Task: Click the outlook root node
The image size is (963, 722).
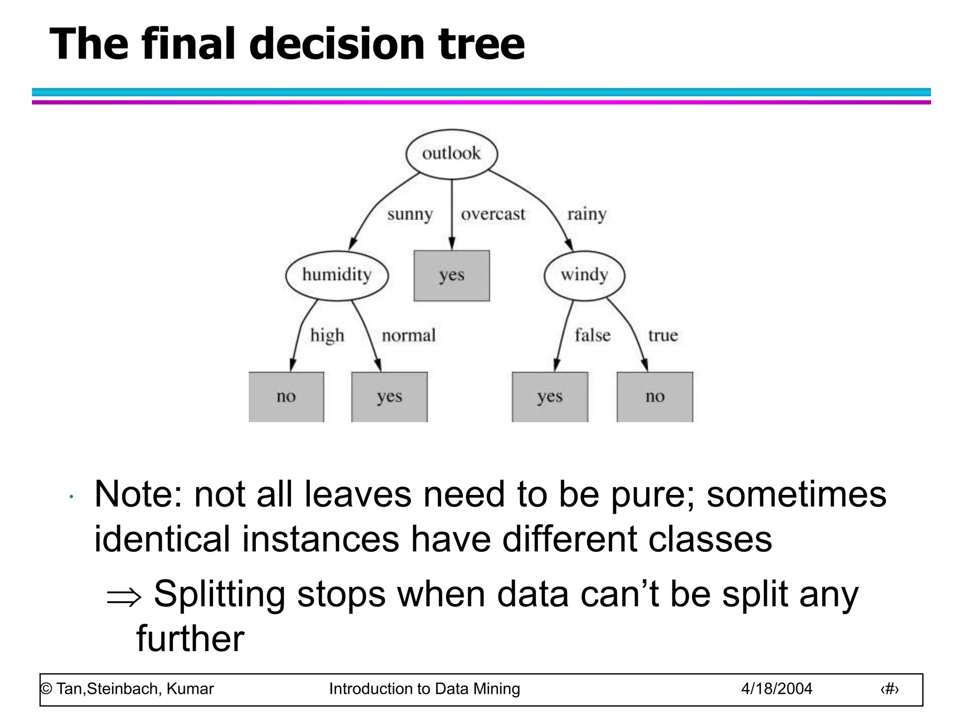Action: (451, 154)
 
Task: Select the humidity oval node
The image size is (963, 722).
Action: (337, 275)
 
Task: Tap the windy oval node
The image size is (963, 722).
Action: (584, 275)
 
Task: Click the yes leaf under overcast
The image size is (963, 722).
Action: (451, 275)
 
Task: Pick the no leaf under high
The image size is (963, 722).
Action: (286, 397)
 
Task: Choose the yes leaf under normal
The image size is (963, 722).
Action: (389, 397)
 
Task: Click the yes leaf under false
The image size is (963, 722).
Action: (550, 397)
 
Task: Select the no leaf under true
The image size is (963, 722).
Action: (655, 397)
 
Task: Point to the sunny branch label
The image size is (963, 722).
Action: (410, 214)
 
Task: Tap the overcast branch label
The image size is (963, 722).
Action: (493, 214)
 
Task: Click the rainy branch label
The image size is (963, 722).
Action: (586, 214)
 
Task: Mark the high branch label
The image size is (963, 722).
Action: (327, 336)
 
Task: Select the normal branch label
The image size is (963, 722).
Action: (409, 336)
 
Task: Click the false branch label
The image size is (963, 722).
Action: (592, 336)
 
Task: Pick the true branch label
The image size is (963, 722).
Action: (663, 336)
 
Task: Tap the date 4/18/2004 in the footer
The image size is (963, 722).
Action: (776, 689)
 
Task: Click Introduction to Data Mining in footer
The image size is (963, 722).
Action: (424, 689)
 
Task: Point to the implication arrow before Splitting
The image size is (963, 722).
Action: (124, 597)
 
